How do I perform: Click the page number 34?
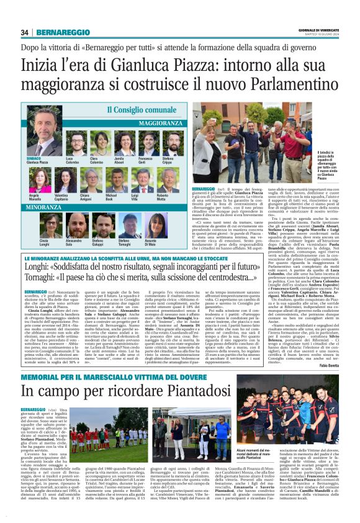pos(25,32)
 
